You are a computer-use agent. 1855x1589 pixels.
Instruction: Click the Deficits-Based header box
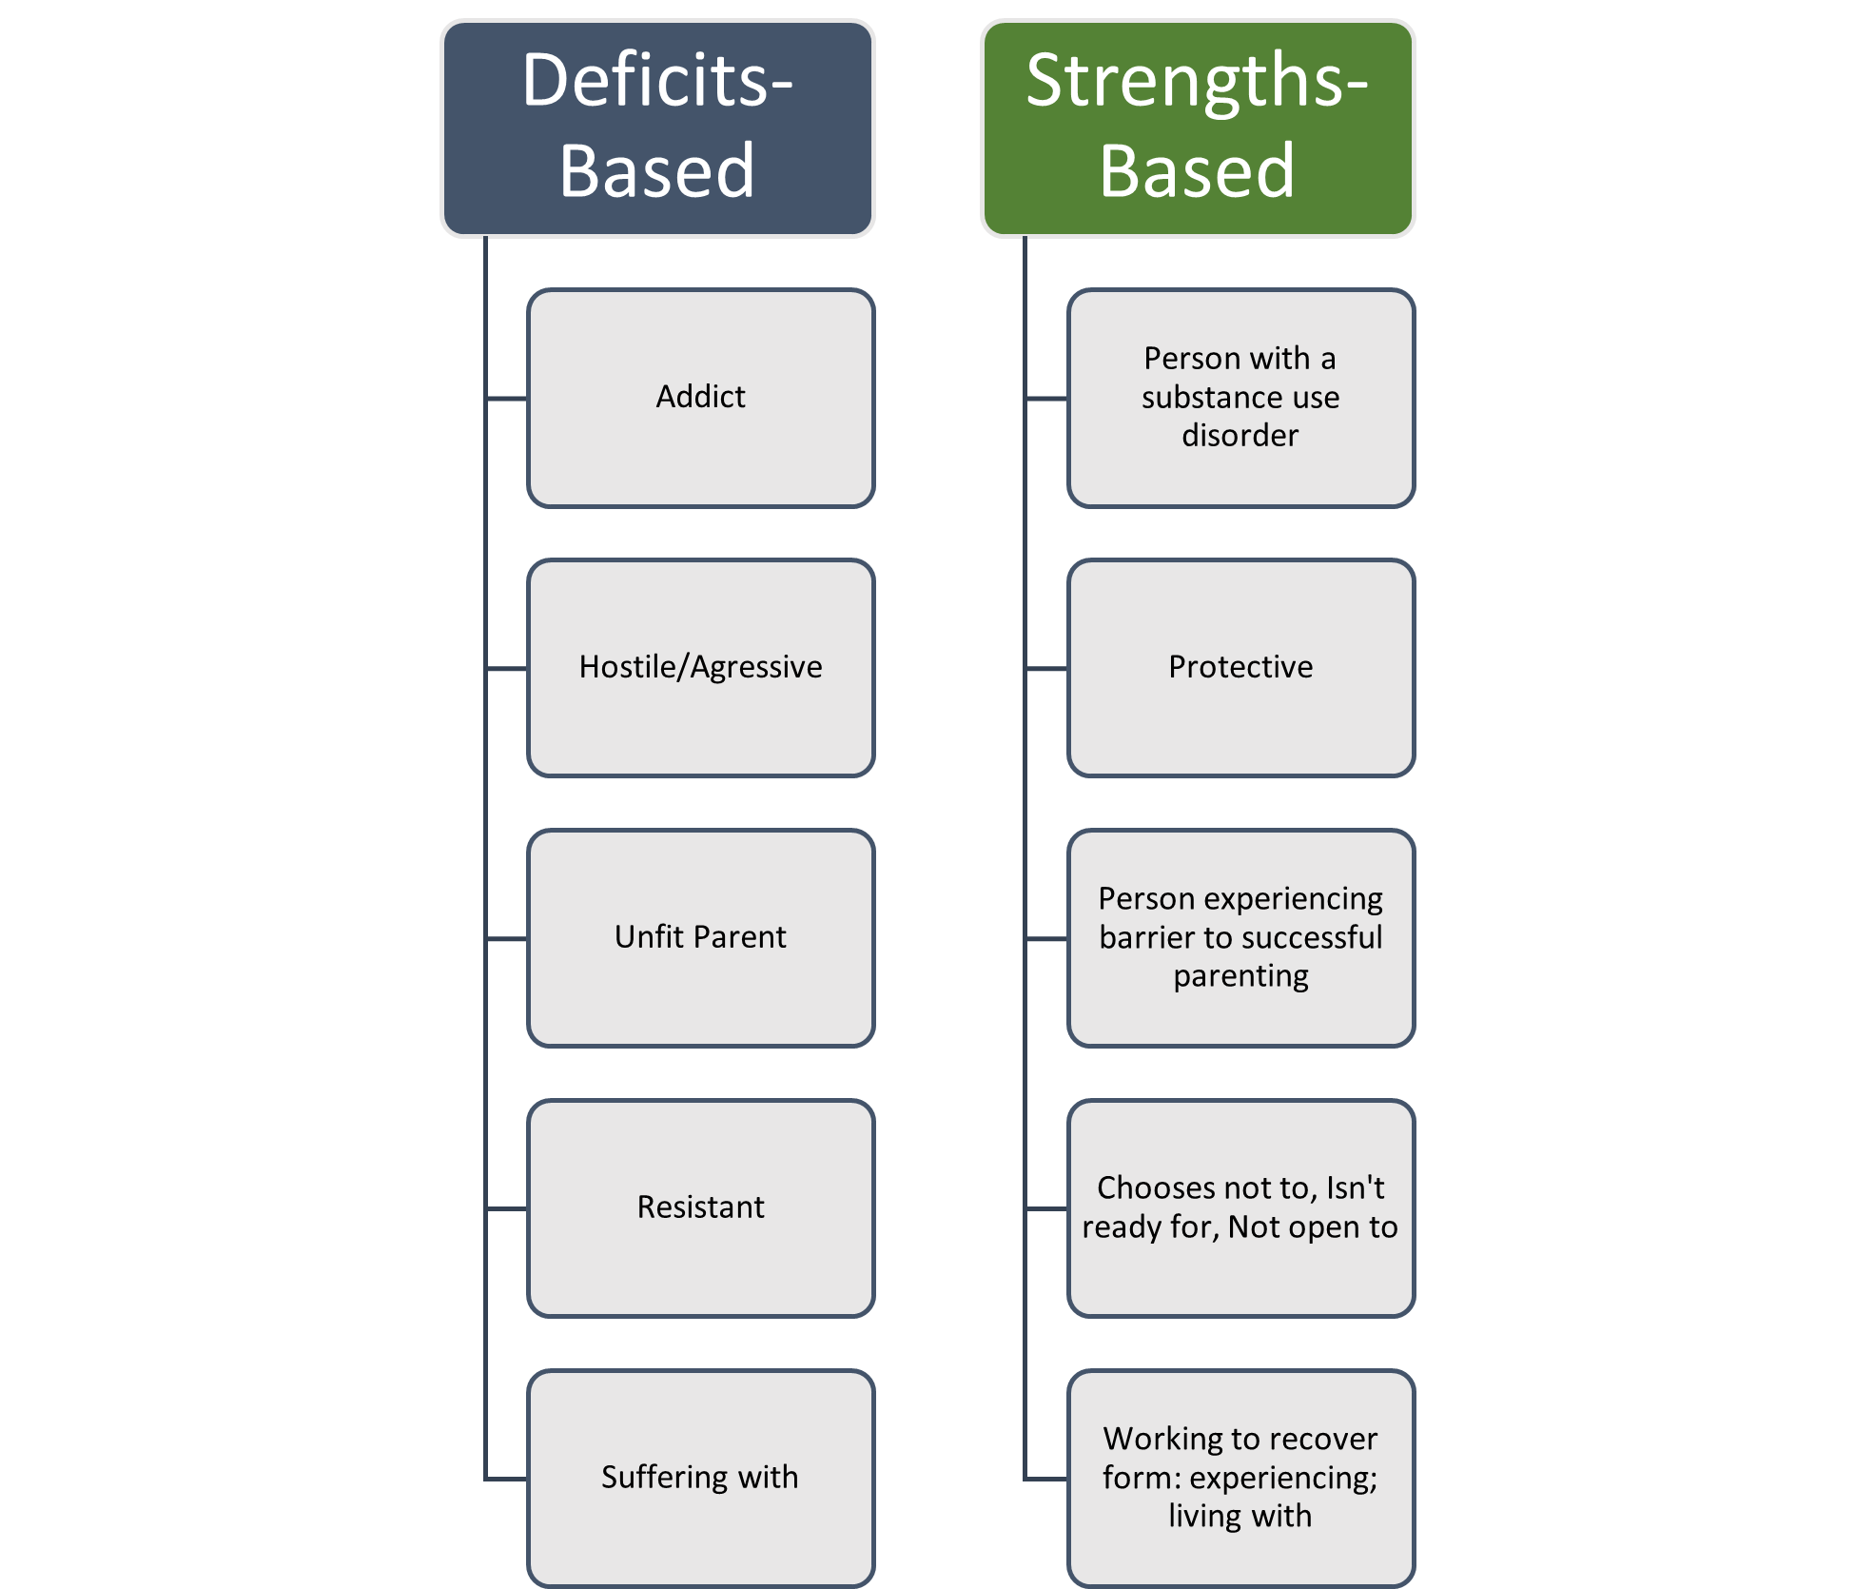pyautogui.click(x=657, y=128)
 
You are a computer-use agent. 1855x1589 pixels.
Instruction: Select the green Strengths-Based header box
pyautogui.click(x=1198, y=128)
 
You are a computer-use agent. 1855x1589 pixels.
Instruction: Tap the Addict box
pyautogui.click(x=701, y=398)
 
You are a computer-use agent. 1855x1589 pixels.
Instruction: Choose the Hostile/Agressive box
pyautogui.click(x=701, y=668)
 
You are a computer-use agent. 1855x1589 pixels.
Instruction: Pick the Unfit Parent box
pyautogui.click(x=701, y=938)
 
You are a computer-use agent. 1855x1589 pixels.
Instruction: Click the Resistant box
pyautogui.click(x=701, y=1207)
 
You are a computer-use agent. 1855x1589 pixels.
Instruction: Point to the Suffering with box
pyautogui.click(x=701, y=1478)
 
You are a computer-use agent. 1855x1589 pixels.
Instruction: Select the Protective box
pyautogui.click(x=1240, y=668)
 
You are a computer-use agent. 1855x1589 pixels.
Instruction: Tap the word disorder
pyautogui.click(x=1240, y=436)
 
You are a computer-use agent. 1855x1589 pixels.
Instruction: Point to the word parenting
pyautogui.click(x=1240, y=977)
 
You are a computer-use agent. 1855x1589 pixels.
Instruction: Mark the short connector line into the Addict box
pyautogui.click(x=506, y=399)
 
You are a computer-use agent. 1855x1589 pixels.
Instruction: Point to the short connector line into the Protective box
pyautogui.click(x=1046, y=669)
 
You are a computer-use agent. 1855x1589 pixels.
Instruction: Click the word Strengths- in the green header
pyautogui.click(x=1197, y=81)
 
